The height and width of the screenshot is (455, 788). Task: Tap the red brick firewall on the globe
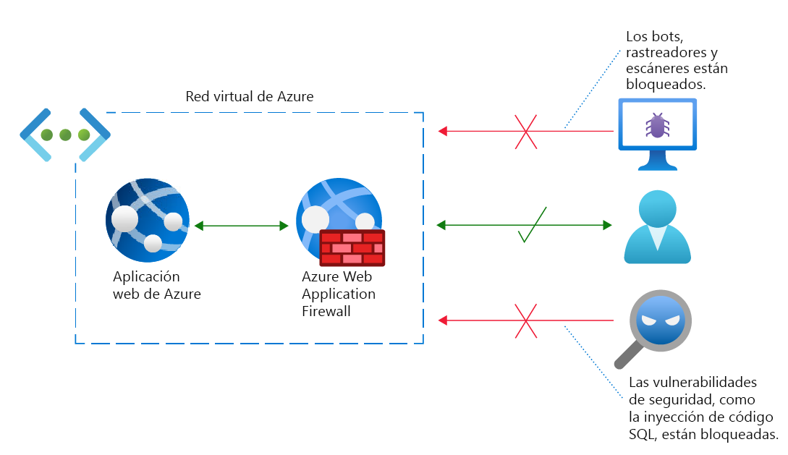point(352,248)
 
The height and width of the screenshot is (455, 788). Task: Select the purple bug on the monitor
point(656,125)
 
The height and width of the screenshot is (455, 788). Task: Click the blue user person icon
point(657,226)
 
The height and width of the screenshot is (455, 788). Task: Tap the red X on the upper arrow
point(526,131)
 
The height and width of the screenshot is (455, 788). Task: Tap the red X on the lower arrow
point(526,320)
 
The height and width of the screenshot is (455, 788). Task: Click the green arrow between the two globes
point(242,226)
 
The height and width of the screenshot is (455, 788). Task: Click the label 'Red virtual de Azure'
point(250,96)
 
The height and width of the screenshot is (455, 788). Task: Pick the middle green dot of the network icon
point(65,135)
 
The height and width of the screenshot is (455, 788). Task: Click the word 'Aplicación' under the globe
point(146,277)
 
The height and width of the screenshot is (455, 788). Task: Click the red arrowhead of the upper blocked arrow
point(444,131)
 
